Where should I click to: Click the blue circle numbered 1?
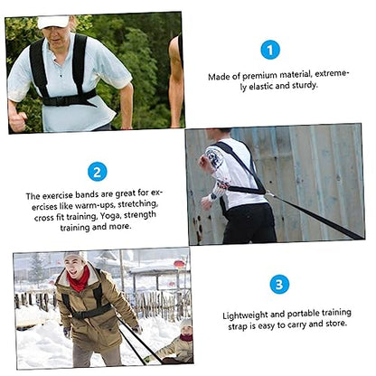[x=270, y=50]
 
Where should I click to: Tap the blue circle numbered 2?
[x=97, y=172]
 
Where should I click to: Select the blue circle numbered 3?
[x=279, y=284]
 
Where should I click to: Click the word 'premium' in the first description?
[x=259, y=76]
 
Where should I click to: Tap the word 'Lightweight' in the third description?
[x=245, y=315]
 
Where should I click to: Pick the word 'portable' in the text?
[x=303, y=314]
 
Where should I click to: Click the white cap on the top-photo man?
[x=53, y=22]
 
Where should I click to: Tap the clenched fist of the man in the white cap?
[x=17, y=121]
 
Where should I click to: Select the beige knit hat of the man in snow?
[x=74, y=257]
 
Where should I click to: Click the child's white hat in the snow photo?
[x=186, y=324]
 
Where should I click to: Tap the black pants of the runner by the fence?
[x=249, y=223]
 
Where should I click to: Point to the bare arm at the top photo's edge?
[x=176, y=81]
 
